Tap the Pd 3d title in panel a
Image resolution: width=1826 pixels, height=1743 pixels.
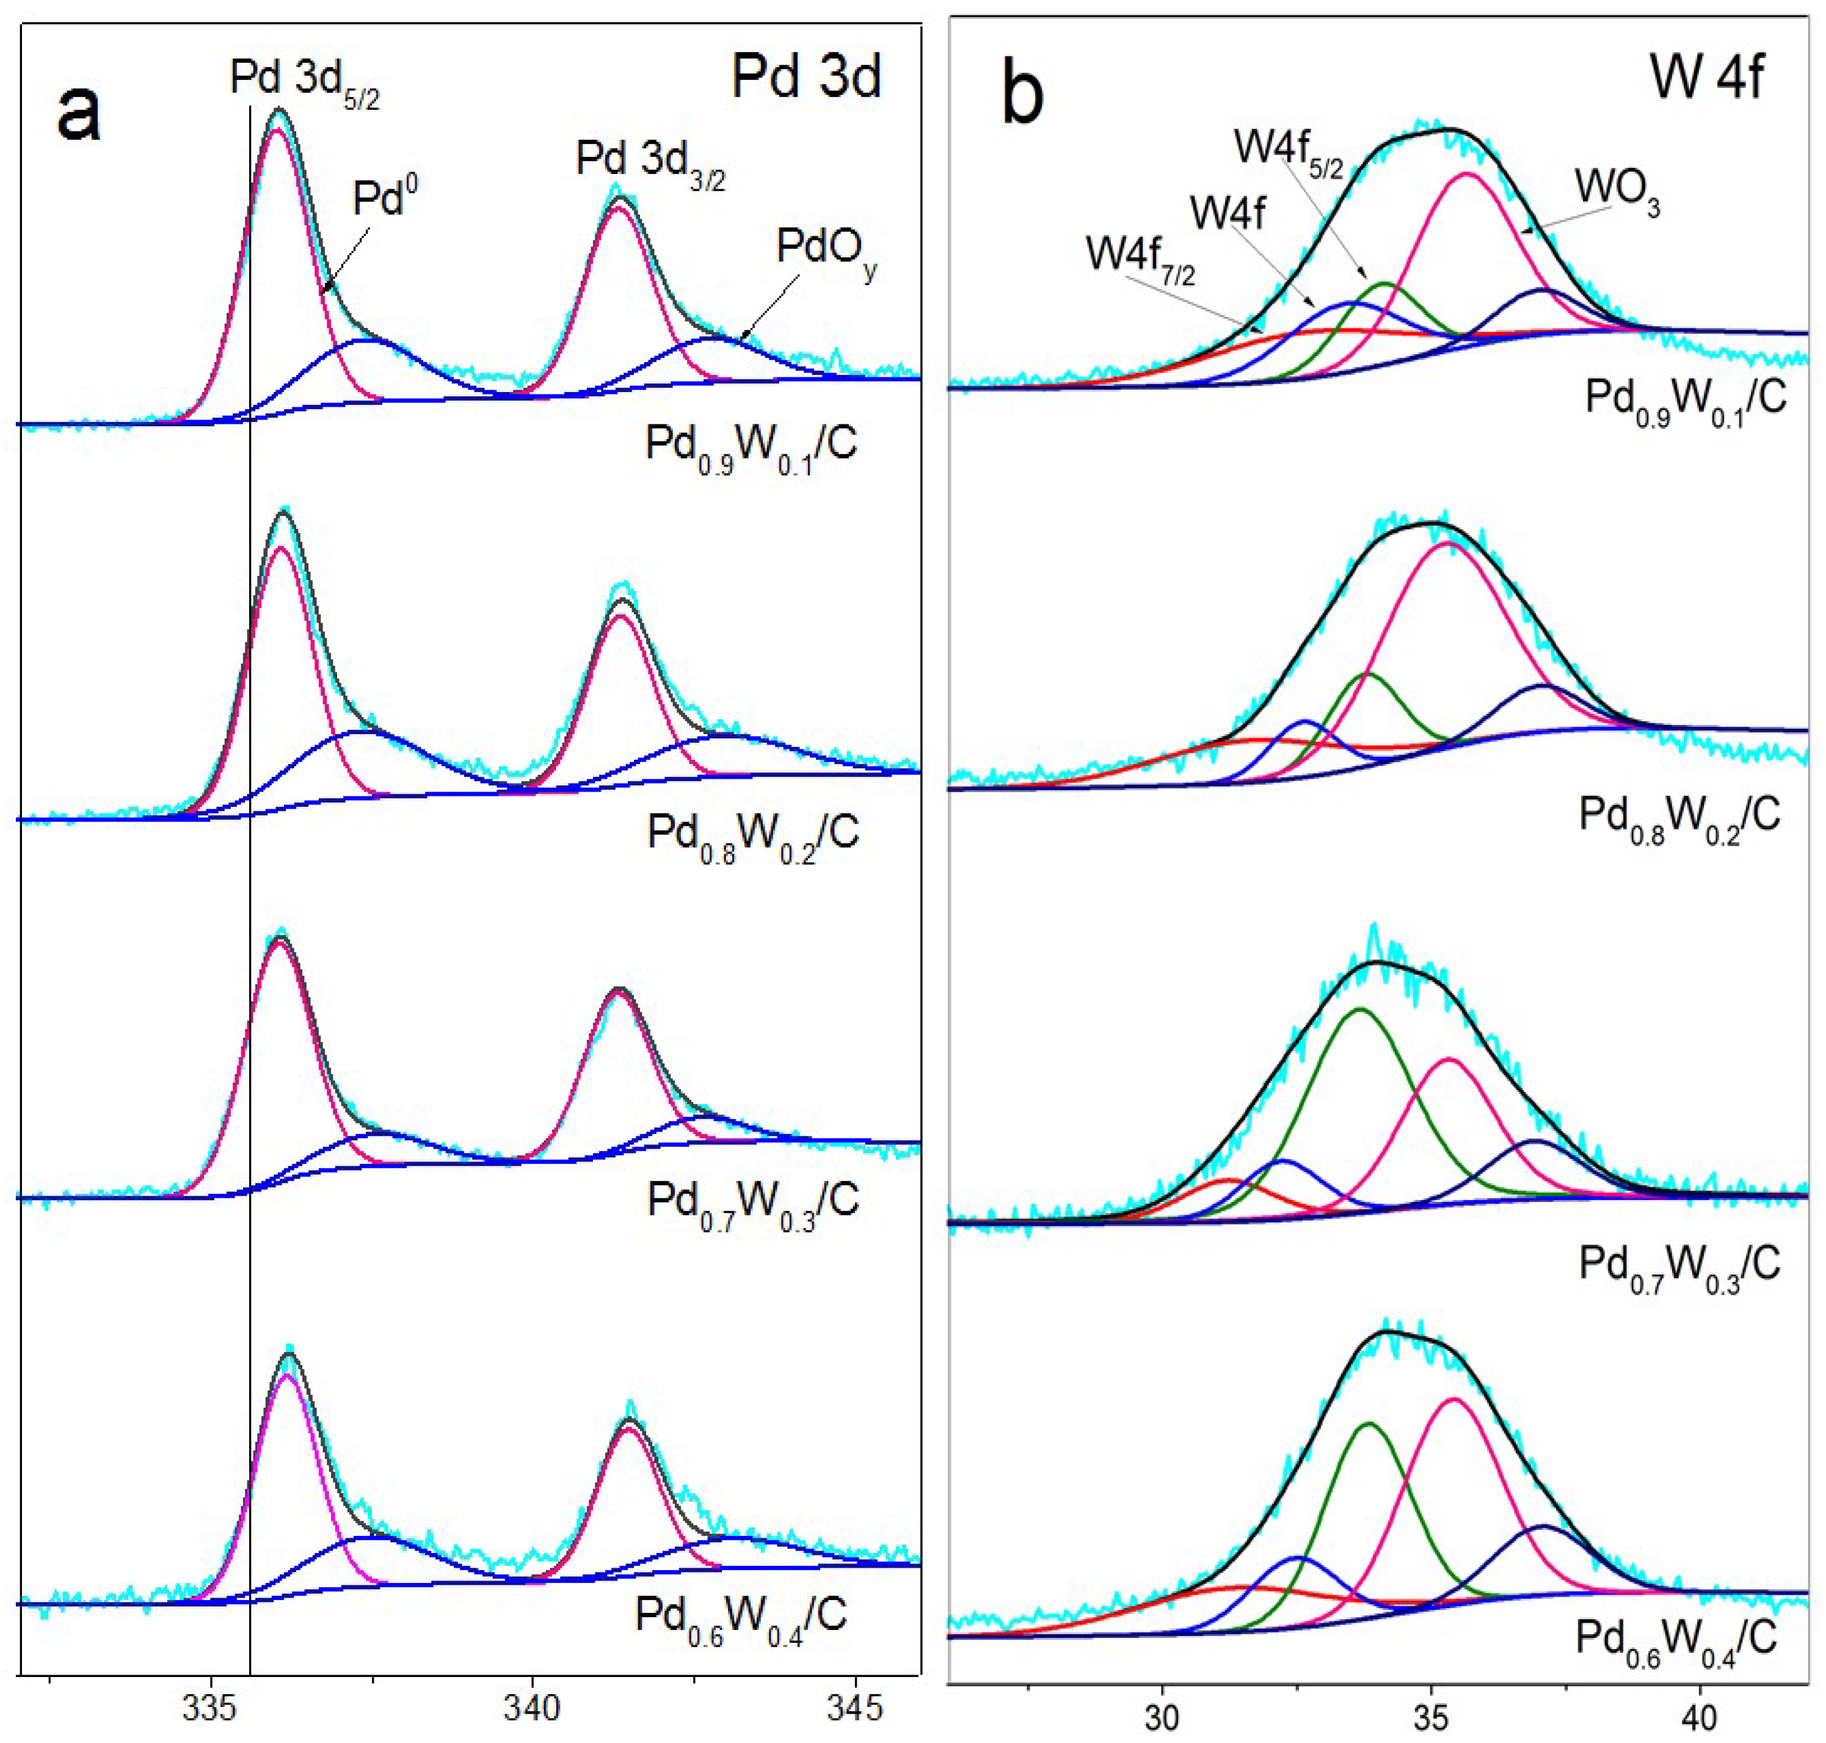point(806,76)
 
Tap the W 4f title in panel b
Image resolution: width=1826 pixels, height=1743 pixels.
point(1706,76)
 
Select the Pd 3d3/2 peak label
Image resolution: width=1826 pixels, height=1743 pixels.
point(650,162)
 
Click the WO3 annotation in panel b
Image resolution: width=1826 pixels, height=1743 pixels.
point(1617,192)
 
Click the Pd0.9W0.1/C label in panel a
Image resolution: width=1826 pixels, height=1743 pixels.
point(751,448)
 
